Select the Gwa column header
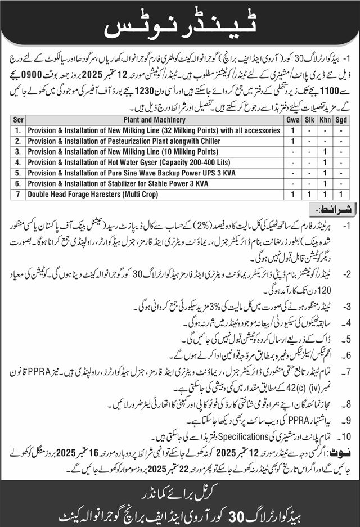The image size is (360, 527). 293,120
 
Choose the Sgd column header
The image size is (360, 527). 341,120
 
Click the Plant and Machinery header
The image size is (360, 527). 155,120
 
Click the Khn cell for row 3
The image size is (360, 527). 325,152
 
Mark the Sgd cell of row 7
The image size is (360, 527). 341,195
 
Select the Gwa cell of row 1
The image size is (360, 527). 293,130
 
